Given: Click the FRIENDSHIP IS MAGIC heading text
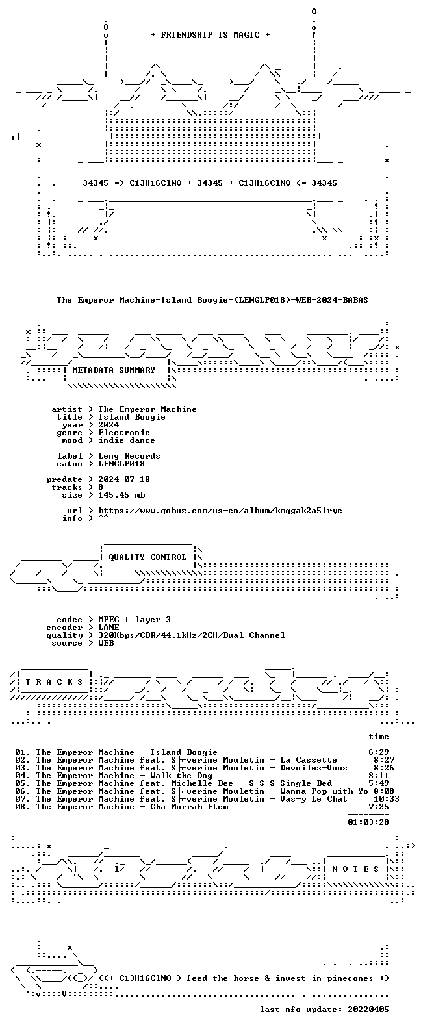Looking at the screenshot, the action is (210, 35).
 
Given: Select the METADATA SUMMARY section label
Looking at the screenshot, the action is (114, 370).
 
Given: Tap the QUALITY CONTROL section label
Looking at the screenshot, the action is (147, 557).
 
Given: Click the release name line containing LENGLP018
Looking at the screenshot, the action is (212, 300).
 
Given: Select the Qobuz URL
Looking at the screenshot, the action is (220, 511).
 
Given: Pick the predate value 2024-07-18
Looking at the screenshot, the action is (124, 479).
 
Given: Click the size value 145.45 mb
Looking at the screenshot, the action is (121, 495).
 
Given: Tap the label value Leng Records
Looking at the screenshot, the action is (129, 455).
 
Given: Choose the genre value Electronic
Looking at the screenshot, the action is (124, 432).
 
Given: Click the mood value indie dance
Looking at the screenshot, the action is (127, 440).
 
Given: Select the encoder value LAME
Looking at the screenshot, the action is (109, 627).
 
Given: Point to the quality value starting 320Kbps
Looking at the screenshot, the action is (192, 635).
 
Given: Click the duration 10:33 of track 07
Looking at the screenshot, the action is (386, 799).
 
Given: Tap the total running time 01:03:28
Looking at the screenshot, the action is (368, 822).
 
